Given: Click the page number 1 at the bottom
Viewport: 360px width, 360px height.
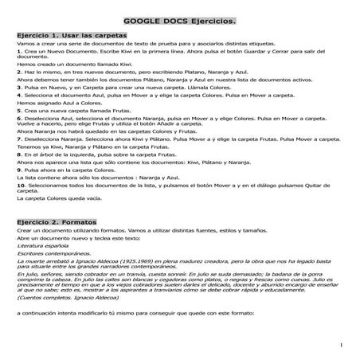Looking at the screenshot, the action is [x=340, y=345].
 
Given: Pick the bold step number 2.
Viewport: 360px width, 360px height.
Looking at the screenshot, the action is [x=18, y=72].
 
